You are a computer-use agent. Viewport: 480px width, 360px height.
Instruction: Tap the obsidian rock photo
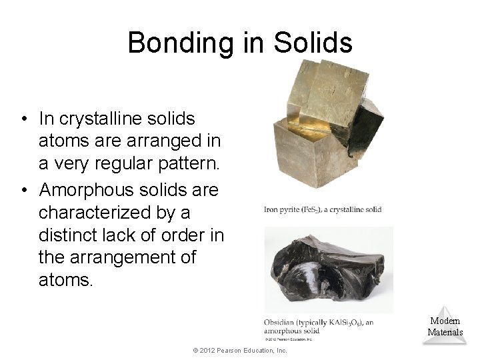(327, 271)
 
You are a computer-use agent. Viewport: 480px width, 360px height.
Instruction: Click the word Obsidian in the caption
(280, 323)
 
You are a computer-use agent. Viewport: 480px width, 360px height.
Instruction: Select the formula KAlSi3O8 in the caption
(343, 323)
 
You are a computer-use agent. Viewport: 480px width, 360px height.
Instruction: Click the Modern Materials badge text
(445, 327)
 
